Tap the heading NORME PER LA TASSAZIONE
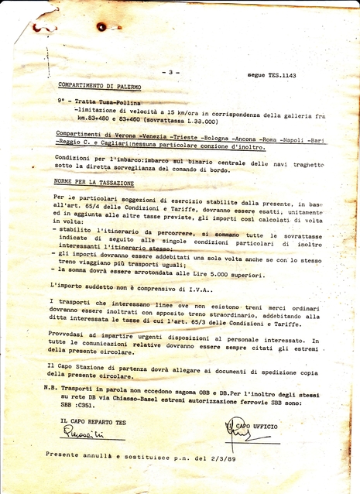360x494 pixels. click(x=94, y=184)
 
